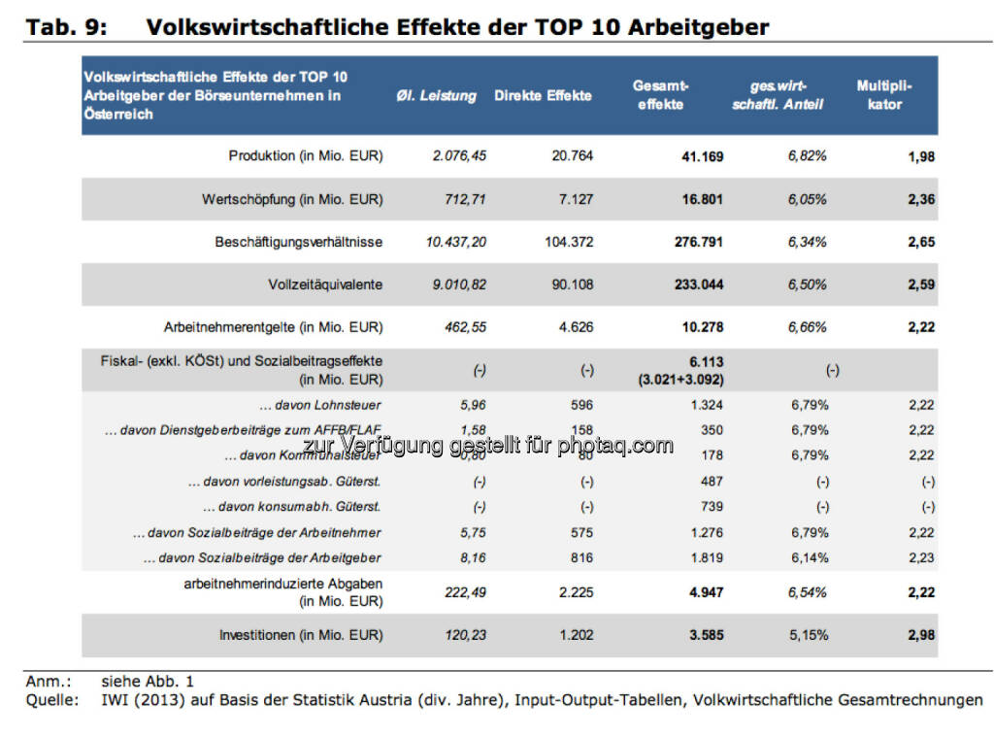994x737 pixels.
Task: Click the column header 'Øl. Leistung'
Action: point(436,96)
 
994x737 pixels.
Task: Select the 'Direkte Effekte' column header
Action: point(543,96)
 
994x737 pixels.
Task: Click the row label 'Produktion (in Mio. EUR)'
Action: point(306,156)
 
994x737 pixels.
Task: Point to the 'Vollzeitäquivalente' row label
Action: point(325,285)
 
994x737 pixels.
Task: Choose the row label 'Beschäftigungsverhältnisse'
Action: point(299,242)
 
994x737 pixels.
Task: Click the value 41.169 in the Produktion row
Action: point(701,156)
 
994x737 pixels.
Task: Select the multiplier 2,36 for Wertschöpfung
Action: point(920,199)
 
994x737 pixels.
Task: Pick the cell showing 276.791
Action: point(696,242)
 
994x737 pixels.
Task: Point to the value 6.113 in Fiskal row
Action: point(706,361)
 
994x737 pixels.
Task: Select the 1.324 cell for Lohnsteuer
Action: point(706,405)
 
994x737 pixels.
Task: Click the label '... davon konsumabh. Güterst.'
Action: point(292,507)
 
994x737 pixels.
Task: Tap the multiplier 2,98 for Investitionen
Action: point(920,636)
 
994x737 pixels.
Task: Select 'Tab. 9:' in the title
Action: point(67,27)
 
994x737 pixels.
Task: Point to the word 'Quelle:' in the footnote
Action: point(52,699)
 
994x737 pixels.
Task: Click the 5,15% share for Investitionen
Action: point(808,636)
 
